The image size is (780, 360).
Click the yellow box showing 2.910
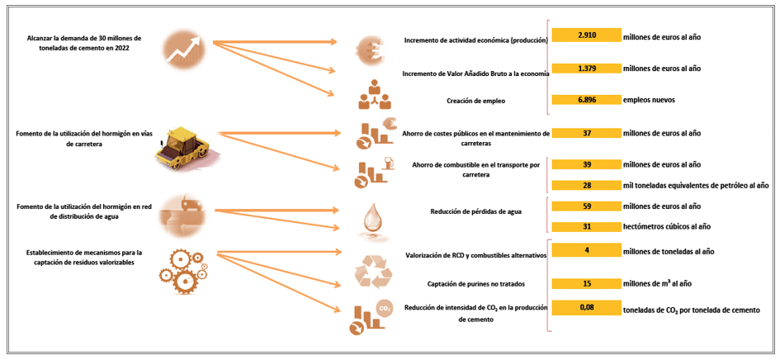(x=586, y=36)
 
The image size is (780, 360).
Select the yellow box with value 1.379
(x=586, y=68)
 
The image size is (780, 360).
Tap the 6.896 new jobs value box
(x=586, y=99)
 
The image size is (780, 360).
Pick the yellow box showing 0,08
(x=586, y=308)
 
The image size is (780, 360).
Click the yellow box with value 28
(x=586, y=185)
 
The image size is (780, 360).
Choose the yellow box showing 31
(x=586, y=226)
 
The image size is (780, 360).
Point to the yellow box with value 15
(x=586, y=283)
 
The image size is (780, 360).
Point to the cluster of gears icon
(x=178, y=265)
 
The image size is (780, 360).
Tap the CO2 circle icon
(x=384, y=309)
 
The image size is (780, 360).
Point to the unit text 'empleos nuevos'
(x=649, y=100)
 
